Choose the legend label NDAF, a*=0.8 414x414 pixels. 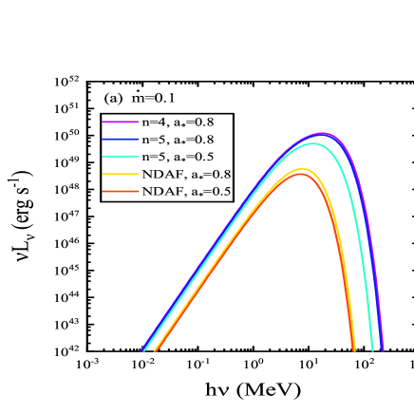point(186,175)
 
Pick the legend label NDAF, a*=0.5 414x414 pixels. point(186,192)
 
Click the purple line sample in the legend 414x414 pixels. point(121,122)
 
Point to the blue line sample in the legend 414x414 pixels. point(121,140)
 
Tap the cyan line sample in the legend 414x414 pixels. point(121,157)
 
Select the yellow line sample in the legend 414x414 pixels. point(121,175)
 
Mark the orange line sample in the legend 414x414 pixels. point(121,192)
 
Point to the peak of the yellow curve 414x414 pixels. point(302,169)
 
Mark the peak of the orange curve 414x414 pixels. point(300,174)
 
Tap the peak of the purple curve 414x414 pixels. point(323,134)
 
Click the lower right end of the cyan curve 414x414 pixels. point(371,350)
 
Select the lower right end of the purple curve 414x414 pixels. point(384,350)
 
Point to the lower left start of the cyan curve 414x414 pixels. point(143,350)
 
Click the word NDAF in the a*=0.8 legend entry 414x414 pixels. point(160,175)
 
